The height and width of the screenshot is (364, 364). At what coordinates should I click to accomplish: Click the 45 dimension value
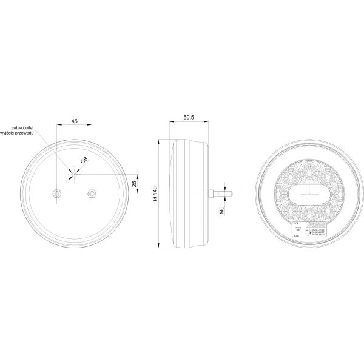point(74,121)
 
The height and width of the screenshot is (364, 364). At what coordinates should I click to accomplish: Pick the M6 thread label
point(223,210)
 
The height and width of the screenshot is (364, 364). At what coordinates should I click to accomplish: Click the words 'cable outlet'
point(22,127)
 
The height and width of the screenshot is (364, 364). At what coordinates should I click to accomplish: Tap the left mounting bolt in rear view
point(56,193)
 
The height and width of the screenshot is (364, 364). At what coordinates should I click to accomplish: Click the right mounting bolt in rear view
point(92,193)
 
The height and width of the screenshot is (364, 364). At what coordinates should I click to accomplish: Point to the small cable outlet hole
point(72,176)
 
